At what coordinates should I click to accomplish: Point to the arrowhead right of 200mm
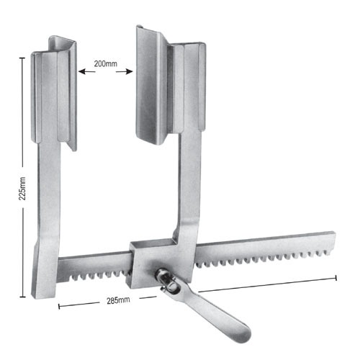[132, 71]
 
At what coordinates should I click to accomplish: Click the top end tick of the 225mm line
[25, 58]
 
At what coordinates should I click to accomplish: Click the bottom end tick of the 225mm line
[25, 296]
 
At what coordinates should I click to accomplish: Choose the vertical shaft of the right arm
[189, 187]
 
